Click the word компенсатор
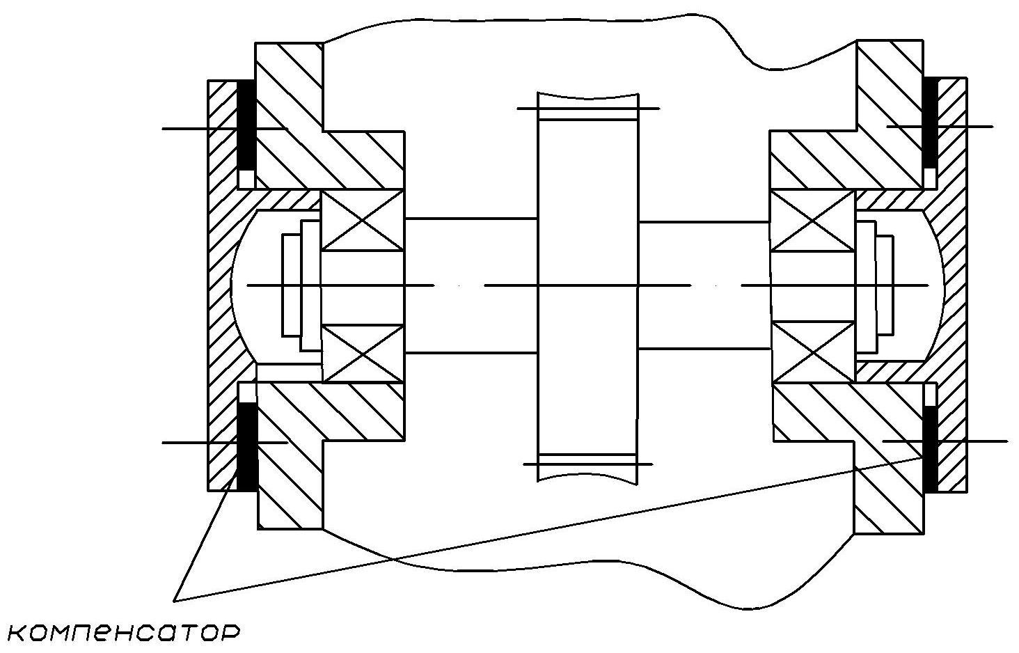(x=125, y=632)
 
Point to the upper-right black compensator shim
(x=929, y=122)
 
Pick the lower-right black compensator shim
(x=929, y=449)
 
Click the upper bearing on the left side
(x=363, y=219)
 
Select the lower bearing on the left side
(x=363, y=353)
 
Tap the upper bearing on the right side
(x=813, y=219)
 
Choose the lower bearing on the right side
(x=813, y=353)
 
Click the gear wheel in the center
(x=587, y=285)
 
